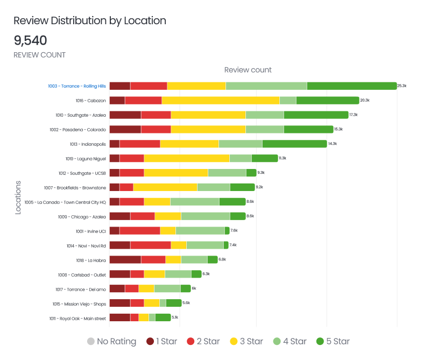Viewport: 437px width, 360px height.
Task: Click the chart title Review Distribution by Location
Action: (x=89, y=21)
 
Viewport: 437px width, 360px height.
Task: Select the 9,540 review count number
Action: (x=30, y=40)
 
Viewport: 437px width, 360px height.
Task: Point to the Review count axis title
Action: (x=248, y=70)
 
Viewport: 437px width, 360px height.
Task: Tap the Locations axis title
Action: (x=18, y=197)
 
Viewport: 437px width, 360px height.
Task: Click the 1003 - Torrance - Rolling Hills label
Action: (x=76, y=86)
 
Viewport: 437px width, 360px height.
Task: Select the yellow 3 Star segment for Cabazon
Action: (x=221, y=101)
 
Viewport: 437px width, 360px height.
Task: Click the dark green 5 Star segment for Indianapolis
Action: (x=294, y=144)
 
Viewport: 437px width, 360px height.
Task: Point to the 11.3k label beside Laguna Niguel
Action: (x=283, y=158)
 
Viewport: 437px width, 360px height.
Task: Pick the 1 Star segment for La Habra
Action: (x=125, y=259)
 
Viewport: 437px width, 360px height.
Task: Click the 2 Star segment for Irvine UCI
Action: (x=139, y=230)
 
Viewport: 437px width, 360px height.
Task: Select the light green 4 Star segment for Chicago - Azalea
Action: (x=205, y=216)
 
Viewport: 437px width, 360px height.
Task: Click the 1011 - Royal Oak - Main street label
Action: (x=77, y=317)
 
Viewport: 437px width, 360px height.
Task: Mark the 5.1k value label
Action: (x=175, y=317)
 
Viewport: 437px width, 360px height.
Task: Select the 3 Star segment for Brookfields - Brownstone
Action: (x=165, y=187)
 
